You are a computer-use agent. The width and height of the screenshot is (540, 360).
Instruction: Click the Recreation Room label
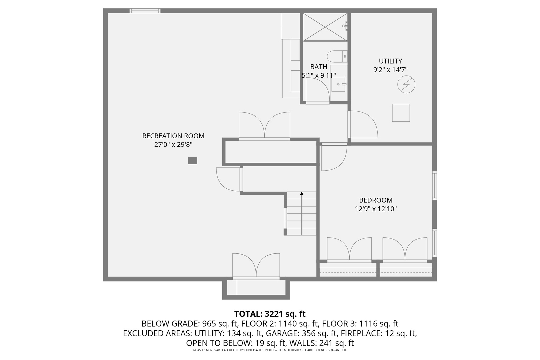coord(173,136)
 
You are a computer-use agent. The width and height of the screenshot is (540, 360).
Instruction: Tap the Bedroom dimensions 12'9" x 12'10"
coord(376,209)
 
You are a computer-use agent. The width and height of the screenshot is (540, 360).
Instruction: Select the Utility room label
coord(390,61)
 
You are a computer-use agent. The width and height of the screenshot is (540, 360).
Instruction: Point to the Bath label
coord(319,67)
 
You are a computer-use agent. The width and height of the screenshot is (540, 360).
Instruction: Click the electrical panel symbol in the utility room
coord(406,84)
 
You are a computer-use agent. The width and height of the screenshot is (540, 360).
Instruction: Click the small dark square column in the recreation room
coord(192,161)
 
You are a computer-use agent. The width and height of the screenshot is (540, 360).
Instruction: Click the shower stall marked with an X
coord(325,27)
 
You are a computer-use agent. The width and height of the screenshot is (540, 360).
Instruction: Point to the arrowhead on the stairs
coord(302,193)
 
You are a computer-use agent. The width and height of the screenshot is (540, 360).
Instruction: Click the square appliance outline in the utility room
coord(401,113)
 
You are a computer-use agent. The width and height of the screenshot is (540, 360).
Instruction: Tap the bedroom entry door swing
coord(334,158)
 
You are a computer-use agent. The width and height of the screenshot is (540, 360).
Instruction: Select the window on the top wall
coord(145,11)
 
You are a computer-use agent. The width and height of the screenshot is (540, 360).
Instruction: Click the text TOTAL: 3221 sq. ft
coord(270,314)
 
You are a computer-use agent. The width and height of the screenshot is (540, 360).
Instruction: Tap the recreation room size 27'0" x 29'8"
coord(173,145)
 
